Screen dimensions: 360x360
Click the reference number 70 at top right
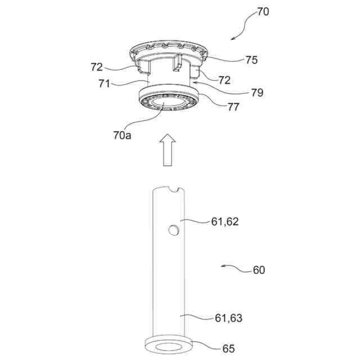pyautogui.click(x=263, y=12)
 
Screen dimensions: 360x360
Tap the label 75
pyautogui.click(x=251, y=60)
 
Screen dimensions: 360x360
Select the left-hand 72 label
pyautogui.click(x=97, y=67)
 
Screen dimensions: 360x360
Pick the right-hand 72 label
pyautogui.click(x=224, y=80)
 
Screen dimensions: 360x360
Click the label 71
pyautogui.click(x=104, y=84)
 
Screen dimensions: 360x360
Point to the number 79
pyautogui.click(x=257, y=92)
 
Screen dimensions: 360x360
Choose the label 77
pyautogui.click(x=233, y=107)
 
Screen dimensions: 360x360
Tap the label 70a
pyautogui.click(x=122, y=136)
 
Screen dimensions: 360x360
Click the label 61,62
pyautogui.click(x=225, y=222)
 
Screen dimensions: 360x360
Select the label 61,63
pyautogui.click(x=228, y=318)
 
